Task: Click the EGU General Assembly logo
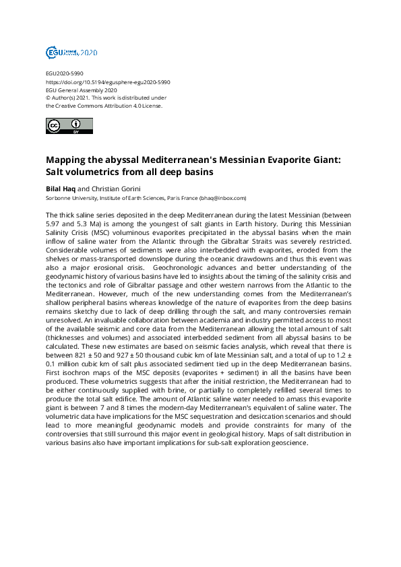71,52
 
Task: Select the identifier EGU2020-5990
65,73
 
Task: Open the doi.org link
108,81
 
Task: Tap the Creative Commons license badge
68,126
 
